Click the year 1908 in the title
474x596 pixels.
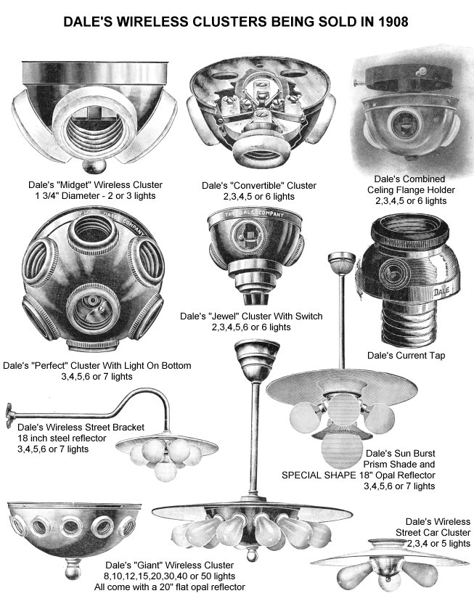point(393,22)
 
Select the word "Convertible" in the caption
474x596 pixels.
point(258,186)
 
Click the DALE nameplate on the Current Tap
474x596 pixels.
point(441,292)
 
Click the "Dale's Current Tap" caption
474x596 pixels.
point(406,356)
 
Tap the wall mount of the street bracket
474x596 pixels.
point(9,415)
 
